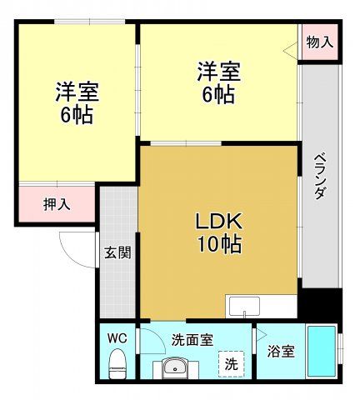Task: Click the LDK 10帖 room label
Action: click(218, 233)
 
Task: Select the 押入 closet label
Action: click(57, 203)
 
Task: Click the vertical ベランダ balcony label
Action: click(319, 176)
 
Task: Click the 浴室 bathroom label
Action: click(280, 352)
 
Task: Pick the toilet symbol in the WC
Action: click(117, 363)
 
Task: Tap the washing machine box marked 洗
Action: click(232, 363)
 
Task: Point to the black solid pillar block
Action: click(319, 303)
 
